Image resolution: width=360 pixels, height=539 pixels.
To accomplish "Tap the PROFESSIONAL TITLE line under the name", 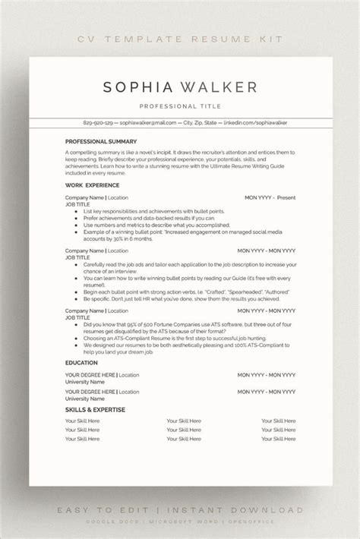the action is point(180,107).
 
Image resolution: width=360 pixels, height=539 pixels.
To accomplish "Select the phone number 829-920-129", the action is point(99,122).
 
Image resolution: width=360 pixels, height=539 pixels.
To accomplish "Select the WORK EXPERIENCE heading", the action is point(92,184).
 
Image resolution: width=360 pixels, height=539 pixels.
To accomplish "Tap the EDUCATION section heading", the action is point(81,363).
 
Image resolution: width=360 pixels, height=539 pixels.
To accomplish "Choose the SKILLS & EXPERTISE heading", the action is point(95,410).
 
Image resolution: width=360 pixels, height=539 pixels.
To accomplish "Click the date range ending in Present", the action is point(270,197).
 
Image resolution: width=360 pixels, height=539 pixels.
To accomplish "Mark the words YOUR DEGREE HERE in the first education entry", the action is point(90,374).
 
